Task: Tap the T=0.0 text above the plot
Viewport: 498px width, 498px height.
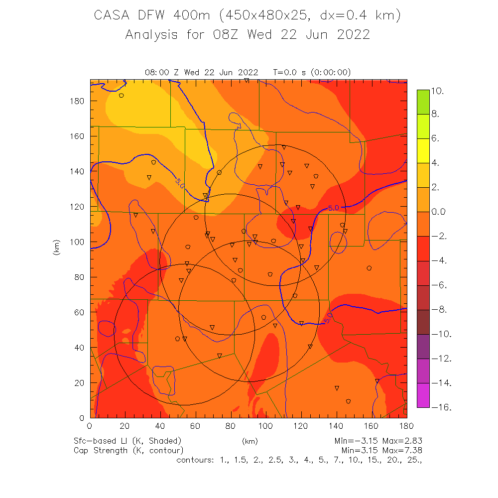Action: pyautogui.click(x=288, y=72)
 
